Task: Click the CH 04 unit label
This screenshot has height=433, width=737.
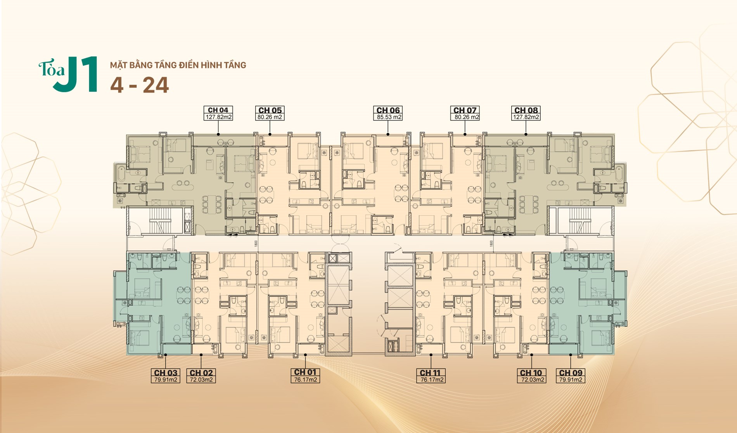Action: (218, 110)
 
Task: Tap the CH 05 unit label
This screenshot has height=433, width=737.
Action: (270, 110)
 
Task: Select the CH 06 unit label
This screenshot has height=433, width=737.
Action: (388, 110)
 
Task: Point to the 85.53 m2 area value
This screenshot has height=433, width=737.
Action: (389, 117)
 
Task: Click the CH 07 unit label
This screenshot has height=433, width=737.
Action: (465, 110)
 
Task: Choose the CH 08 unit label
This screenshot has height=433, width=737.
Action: (526, 110)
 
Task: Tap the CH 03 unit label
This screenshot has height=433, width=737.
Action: (166, 373)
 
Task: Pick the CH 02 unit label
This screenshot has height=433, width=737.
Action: (201, 373)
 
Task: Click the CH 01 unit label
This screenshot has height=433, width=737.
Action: (305, 372)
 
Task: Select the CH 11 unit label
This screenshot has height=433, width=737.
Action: (431, 373)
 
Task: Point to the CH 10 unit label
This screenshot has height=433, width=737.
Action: (531, 373)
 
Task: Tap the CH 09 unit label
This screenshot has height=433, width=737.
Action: (571, 373)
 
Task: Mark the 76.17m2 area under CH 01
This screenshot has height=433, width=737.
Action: (306, 380)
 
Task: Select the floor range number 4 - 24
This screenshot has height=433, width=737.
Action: (140, 85)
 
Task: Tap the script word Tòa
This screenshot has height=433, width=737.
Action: (51, 69)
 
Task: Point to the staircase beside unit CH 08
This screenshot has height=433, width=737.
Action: (580, 221)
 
